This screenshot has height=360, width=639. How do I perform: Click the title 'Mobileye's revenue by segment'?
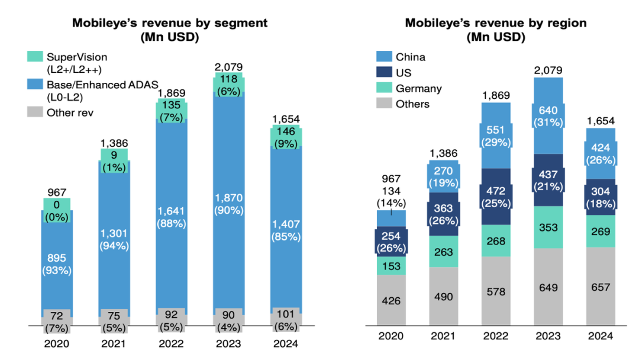169,23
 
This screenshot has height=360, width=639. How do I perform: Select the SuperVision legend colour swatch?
34,57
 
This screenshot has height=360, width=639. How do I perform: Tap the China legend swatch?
385,57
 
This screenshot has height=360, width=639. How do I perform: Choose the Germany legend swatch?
385,88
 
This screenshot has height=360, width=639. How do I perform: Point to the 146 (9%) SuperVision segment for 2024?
286,136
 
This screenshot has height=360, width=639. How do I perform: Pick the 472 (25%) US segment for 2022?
496,198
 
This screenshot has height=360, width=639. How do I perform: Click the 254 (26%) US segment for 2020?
391,240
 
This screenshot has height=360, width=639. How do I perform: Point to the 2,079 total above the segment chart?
229,67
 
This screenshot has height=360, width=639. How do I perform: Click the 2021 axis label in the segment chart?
114,343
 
